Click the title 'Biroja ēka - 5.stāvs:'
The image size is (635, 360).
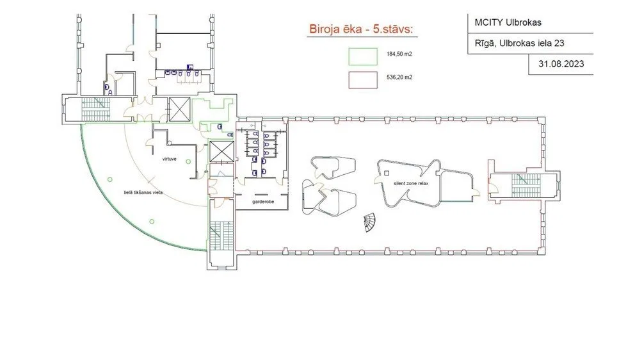[361, 29]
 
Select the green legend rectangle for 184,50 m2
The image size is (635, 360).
[363, 57]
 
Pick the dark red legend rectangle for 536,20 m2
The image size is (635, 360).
[363, 80]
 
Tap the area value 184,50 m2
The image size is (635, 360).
[399, 54]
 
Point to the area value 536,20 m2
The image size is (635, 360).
[399, 77]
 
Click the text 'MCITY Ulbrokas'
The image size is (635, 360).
[508, 22]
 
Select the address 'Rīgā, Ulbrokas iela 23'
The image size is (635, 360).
[520, 43]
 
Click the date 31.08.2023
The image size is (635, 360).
[561, 63]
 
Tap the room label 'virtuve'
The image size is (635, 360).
[169, 159]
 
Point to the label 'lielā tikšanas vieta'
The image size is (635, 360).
[143, 192]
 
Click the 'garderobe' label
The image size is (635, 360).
[263, 202]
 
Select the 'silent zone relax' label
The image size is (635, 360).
[411, 183]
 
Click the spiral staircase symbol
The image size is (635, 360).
[369, 222]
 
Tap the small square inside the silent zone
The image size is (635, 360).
[387, 173]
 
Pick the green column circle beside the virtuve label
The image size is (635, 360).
[188, 162]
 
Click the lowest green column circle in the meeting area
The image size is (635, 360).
[152, 222]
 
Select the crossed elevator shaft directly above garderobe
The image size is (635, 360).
[221, 151]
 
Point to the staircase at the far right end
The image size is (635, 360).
[526, 186]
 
